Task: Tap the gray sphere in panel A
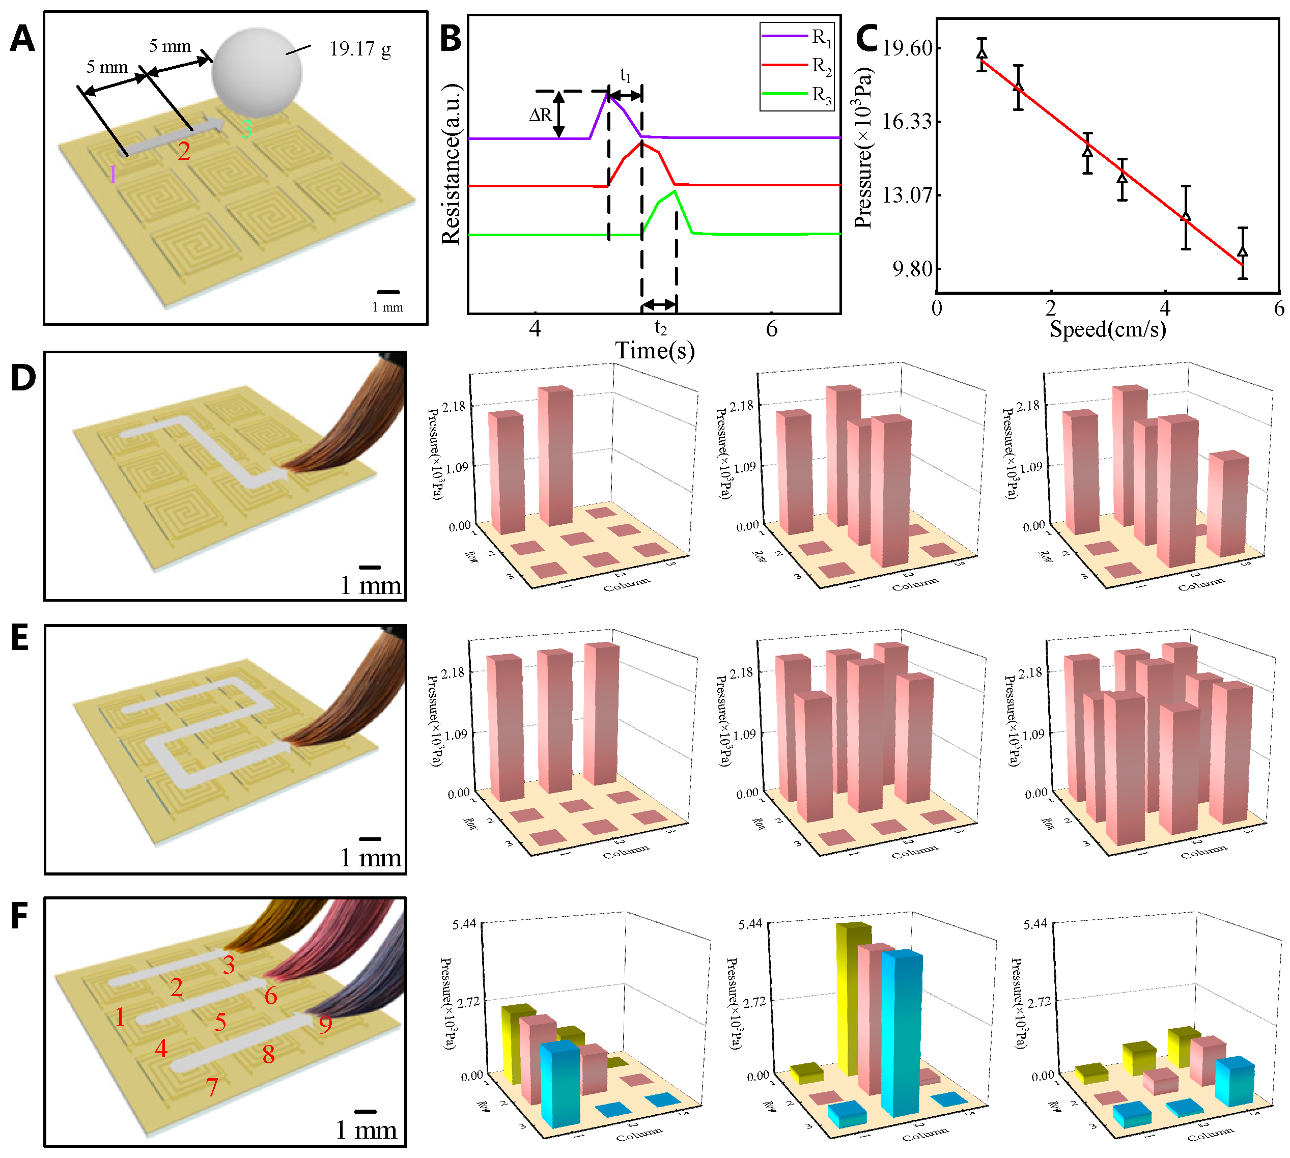pyautogui.click(x=257, y=72)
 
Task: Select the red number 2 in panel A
pyautogui.click(x=184, y=152)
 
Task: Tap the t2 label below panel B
pyautogui.click(x=661, y=328)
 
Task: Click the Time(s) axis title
pyautogui.click(x=654, y=351)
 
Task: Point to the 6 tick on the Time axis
pyautogui.click(x=771, y=328)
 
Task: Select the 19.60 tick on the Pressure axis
pyautogui.click(x=907, y=48)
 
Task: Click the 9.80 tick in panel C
pyautogui.click(x=912, y=269)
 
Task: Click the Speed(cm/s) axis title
pyautogui.click(x=1107, y=329)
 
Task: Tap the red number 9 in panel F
pyautogui.click(x=325, y=1024)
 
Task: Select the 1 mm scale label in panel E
pyautogui.click(x=371, y=858)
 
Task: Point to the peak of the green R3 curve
pyautogui.click(x=675, y=191)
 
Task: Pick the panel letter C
pyautogui.click(x=867, y=38)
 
